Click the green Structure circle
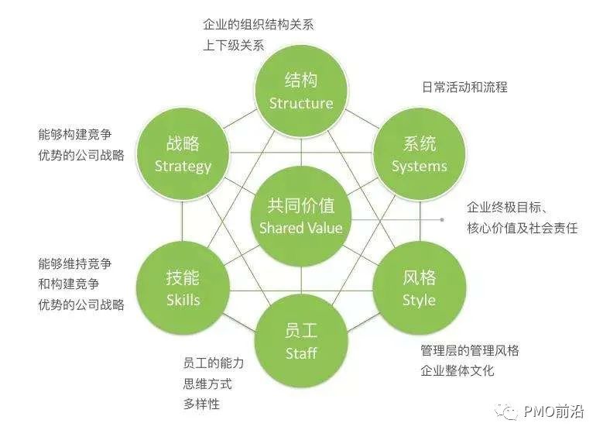(x=301, y=91)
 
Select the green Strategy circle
(x=183, y=154)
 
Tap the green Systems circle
(x=420, y=154)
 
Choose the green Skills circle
(x=183, y=287)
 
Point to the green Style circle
(x=420, y=287)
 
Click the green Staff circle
(x=301, y=342)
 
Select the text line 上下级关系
(x=233, y=45)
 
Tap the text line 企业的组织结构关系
(x=258, y=24)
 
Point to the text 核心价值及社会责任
(x=522, y=229)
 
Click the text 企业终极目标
(x=507, y=208)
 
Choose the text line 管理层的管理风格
(x=469, y=350)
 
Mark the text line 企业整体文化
(x=457, y=370)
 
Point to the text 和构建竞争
(x=68, y=284)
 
